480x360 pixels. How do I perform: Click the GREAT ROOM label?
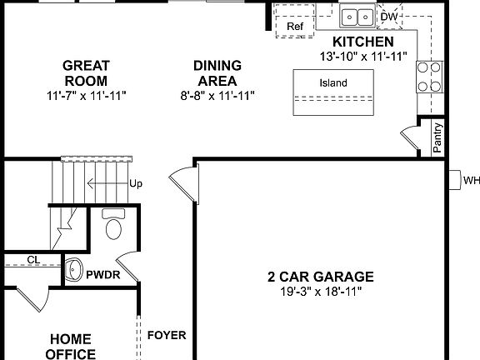[87, 73]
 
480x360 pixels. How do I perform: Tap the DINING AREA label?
[217, 73]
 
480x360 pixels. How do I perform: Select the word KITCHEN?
[362, 42]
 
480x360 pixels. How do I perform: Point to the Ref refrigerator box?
[295, 27]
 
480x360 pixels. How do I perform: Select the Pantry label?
[437, 137]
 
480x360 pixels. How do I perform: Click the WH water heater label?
[471, 180]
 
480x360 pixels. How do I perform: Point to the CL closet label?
[32, 260]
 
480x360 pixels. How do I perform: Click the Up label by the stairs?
[135, 183]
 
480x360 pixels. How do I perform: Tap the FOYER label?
[167, 336]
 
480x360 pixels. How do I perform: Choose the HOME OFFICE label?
[72, 346]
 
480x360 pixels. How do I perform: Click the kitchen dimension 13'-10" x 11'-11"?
[362, 56]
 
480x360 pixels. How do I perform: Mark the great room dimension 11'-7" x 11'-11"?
[87, 96]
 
